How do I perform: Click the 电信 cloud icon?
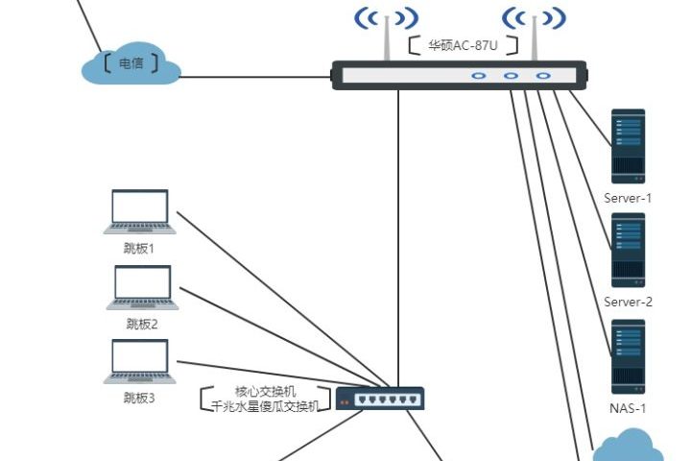[132, 64]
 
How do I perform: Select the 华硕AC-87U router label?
[464, 45]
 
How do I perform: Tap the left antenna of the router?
[387, 34]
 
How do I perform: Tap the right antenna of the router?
[534, 34]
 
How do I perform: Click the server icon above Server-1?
[629, 146]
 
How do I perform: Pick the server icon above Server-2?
[629, 250]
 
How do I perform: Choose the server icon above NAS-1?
[629, 356]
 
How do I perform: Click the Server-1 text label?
[629, 198]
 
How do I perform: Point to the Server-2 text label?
[629, 302]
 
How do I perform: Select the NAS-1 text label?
[629, 408]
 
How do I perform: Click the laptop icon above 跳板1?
[140, 211]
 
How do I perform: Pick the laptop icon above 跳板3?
[140, 361]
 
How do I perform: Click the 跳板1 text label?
[140, 248]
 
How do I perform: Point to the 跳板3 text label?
[139, 397]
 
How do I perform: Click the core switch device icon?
[379, 398]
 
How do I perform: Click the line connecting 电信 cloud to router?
[255, 77]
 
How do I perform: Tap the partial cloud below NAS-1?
[629, 448]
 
